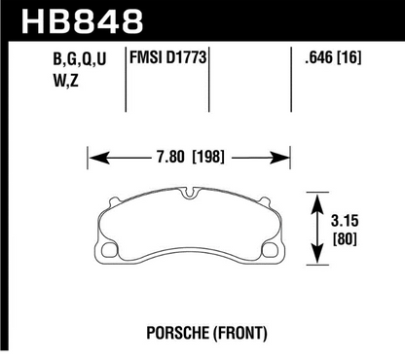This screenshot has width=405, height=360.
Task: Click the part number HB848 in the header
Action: click(83, 21)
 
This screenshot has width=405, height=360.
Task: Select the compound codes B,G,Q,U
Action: click(80, 59)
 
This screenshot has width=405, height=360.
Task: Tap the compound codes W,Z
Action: click(66, 81)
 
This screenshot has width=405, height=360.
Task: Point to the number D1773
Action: click(186, 57)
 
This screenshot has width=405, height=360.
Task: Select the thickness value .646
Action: click(318, 57)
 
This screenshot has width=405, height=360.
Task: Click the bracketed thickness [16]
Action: click(350, 57)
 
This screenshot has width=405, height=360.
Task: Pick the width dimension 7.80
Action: click(170, 158)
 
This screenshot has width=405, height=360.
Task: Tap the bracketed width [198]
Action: click(208, 158)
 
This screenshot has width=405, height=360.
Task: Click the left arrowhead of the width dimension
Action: click(98, 158)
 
